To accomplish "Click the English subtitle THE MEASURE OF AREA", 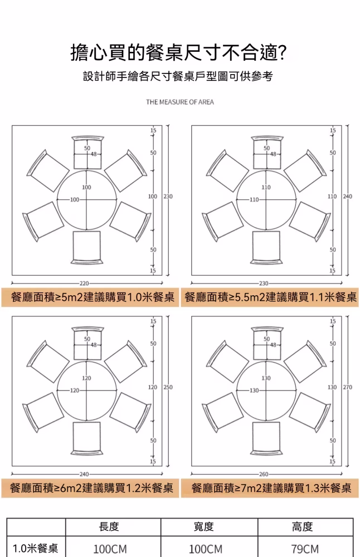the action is [180, 102].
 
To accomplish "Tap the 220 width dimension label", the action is [84, 284].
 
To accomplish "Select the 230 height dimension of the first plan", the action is [168, 197].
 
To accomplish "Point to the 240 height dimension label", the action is [348, 197].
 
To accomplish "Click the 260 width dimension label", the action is [264, 474].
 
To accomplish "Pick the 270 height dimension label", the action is [348, 387].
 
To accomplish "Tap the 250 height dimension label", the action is [168, 387].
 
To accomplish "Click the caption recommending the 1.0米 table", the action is [93, 297].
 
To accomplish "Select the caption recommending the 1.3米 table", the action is [271, 488].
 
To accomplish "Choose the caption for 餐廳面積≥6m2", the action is [91, 488].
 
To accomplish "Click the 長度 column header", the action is [109, 526].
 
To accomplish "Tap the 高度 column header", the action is [303, 526].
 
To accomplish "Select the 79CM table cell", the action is [305, 549].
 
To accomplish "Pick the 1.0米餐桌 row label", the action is [36, 549].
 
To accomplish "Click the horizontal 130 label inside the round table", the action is [254, 390].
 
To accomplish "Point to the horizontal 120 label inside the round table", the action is [75, 390].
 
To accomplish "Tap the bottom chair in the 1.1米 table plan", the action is [266, 248].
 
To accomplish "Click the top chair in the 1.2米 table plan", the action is [87, 343].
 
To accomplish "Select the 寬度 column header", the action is [203, 526].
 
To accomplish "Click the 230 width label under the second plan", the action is [264, 284].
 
